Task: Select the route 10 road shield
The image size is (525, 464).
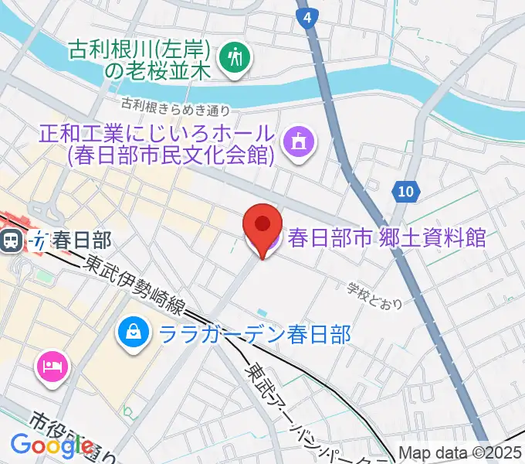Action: pos(406,190)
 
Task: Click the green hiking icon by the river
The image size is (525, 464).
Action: pos(232,59)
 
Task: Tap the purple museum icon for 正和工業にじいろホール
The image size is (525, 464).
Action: pos(297,142)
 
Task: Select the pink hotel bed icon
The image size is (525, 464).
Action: pos(52,363)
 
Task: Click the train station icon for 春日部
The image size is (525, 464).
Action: pos(12,241)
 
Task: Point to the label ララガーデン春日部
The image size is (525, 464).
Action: pos(255,334)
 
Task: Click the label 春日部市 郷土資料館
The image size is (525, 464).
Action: pos(387,237)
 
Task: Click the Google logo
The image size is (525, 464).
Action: pos(52,445)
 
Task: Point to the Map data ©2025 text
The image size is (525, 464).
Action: pos(461,452)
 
